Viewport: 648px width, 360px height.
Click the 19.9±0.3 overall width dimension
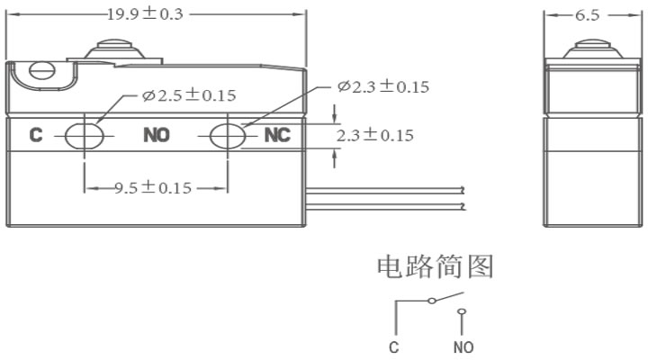click(x=145, y=14)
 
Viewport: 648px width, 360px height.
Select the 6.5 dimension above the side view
click(x=587, y=15)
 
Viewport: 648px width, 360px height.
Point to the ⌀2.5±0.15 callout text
click(x=189, y=95)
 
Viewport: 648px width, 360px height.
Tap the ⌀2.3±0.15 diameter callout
click(x=383, y=86)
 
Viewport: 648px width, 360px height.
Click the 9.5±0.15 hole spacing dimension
click(x=153, y=188)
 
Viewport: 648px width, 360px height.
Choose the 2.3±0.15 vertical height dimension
click(x=374, y=135)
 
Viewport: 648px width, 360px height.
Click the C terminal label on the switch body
click(x=36, y=135)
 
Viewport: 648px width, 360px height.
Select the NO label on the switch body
click(x=157, y=135)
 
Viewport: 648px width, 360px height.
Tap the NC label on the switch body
click(x=277, y=135)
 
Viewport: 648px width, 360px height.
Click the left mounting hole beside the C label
click(x=85, y=136)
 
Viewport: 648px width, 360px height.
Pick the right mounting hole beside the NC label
click(x=228, y=136)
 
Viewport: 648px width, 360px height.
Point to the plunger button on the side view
click(x=592, y=49)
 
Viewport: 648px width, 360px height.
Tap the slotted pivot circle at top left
click(x=41, y=70)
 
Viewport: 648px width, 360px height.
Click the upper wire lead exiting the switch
click(x=385, y=190)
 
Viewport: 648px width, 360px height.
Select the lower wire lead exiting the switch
click(x=385, y=206)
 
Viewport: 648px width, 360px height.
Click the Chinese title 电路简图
click(x=436, y=266)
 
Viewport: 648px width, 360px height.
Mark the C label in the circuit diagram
click(x=394, y=347)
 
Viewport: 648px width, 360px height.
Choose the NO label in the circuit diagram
click(x=463, y=347)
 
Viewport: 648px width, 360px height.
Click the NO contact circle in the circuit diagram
click(x=462, y=312)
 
